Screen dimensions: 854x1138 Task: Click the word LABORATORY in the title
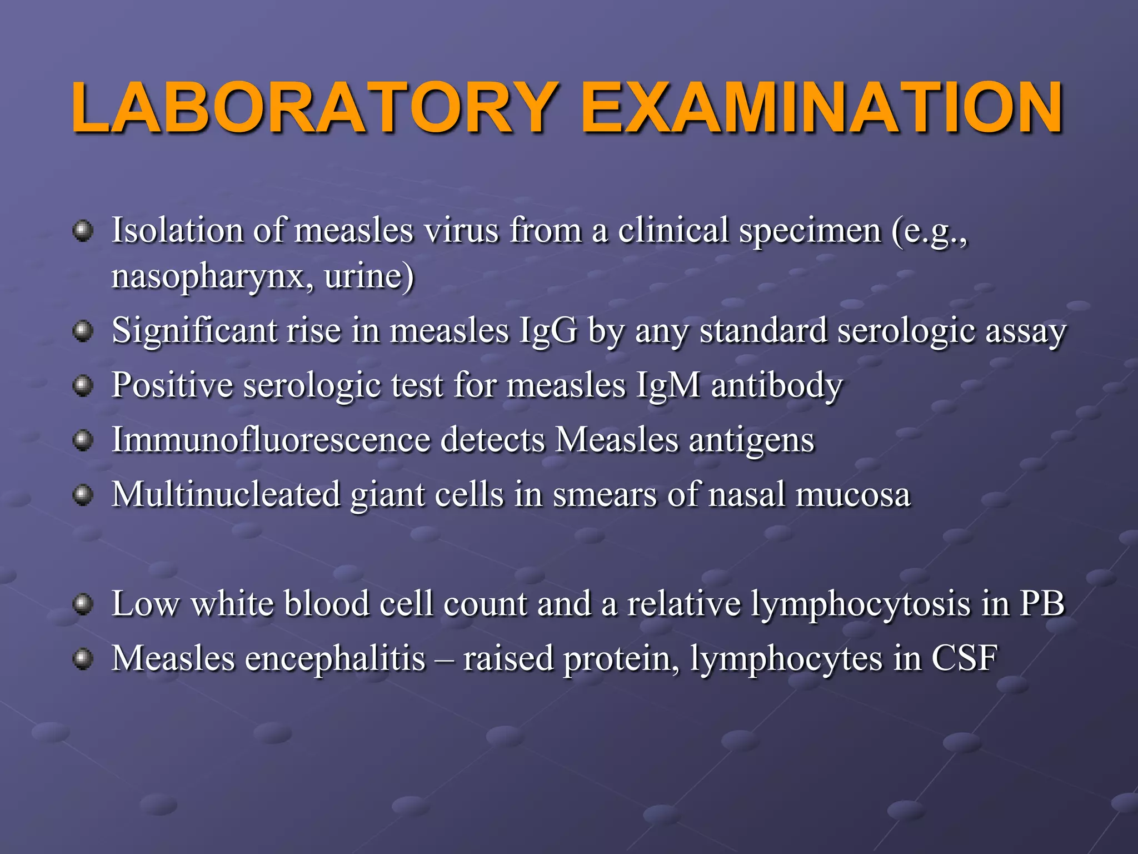coord(314,108)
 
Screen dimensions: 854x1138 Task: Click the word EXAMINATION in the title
coord(822,108)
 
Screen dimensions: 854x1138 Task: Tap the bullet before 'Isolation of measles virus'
coord(83,230)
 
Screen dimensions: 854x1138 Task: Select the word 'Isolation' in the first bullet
coord(177,230)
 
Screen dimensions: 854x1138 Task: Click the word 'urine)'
coord(369,276)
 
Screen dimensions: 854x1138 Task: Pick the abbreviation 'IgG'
coord(548,331)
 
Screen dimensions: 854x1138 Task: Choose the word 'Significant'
coord(194,331)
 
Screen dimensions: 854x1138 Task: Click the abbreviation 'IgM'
coord(667,386)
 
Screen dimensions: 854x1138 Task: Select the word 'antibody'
coord(777,385)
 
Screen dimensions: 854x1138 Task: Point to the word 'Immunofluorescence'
coord(271,440)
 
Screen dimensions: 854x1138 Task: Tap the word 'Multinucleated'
coord(226,494)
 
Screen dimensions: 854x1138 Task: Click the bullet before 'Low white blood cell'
coord(83,604)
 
